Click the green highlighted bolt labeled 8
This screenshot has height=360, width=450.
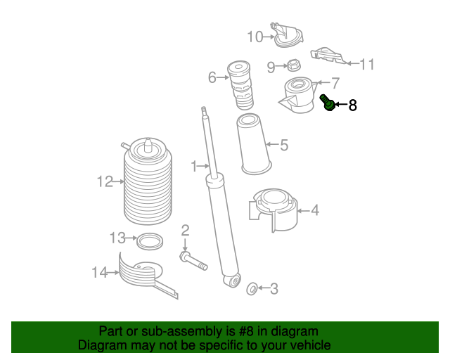click(x=327, y=103)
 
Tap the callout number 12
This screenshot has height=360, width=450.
click(x=105, y=182)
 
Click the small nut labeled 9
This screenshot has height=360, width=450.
click(x=293, y=66)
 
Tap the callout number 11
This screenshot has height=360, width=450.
click(x=368, y=65)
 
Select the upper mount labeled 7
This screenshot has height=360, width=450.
click(x=299, y=97)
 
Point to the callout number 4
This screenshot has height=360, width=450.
click(x=314, y=210)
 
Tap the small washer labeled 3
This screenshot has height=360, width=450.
click(x=251, y=288)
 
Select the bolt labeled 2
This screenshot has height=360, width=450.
click(x=192, y=262)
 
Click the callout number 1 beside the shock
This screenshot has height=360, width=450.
click(x=194, y=167)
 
